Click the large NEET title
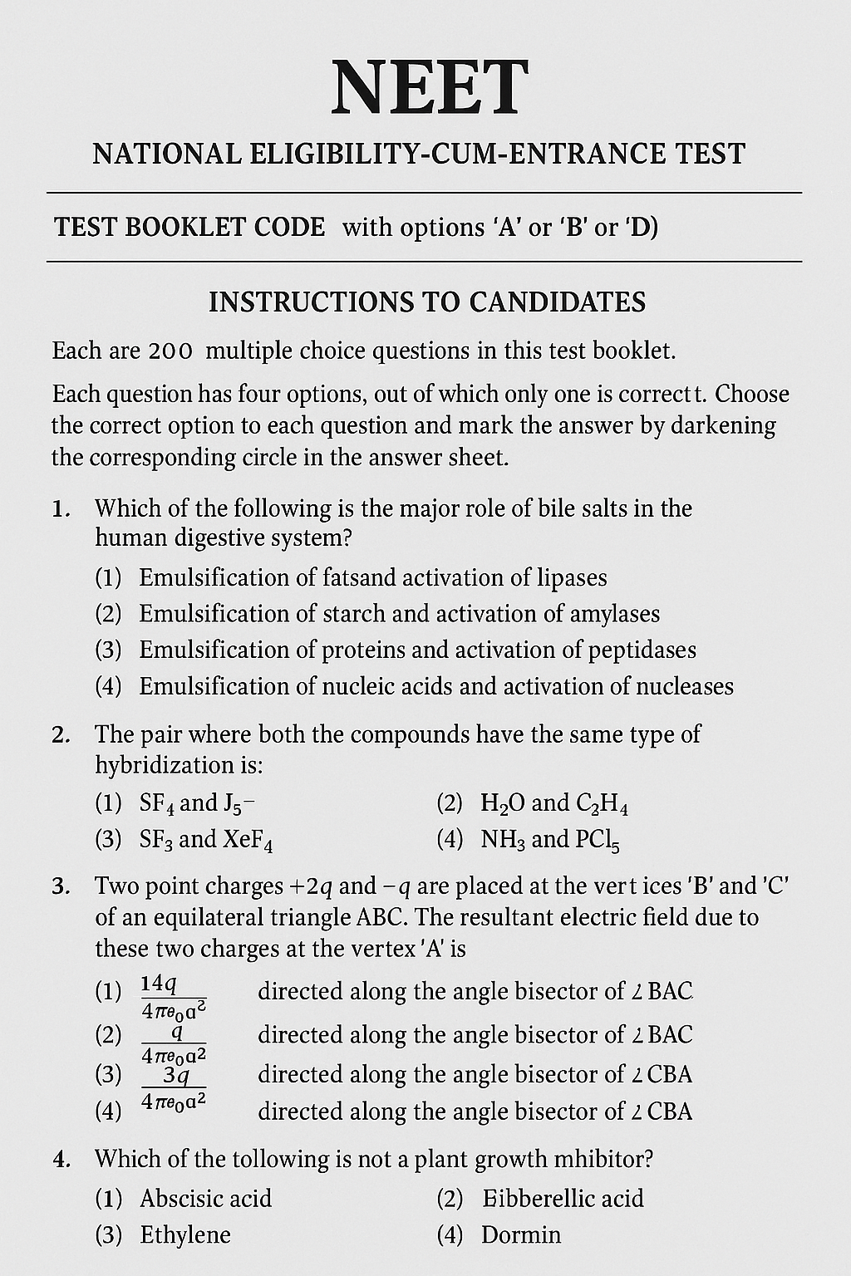click(429, 88)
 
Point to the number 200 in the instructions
click(170, 351)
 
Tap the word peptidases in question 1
click(642, 650)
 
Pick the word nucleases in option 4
click(685, 686)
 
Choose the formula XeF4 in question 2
click(248, 840)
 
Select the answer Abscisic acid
click(205, 1198)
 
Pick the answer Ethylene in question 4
click(185, 1234)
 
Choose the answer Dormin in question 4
click(521, 1234)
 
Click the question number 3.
click(58, 886)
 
